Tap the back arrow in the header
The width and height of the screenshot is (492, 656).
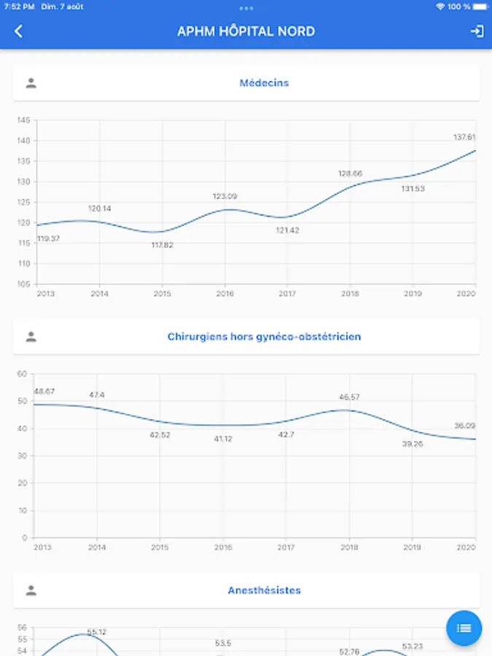19,31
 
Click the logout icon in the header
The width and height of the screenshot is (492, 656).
477,31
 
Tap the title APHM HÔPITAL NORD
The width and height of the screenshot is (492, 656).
246,31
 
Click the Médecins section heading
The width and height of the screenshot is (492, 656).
264,83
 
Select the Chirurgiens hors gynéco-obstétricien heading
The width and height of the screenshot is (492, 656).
264,337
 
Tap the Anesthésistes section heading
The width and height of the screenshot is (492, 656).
264,590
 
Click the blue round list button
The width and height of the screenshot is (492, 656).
464,628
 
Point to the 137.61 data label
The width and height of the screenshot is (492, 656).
464,137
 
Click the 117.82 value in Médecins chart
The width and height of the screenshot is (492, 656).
162,245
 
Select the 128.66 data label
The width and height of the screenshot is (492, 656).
350,173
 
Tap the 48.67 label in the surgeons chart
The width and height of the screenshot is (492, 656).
44,391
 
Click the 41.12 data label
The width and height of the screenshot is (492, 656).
223,439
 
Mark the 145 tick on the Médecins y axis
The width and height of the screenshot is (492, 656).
23,120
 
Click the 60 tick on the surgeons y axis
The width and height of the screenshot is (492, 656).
22,374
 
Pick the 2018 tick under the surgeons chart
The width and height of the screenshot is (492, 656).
349,547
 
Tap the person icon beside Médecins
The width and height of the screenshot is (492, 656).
31,83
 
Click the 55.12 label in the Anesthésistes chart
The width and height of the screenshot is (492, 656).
97,632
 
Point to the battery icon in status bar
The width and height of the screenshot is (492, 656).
479,7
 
